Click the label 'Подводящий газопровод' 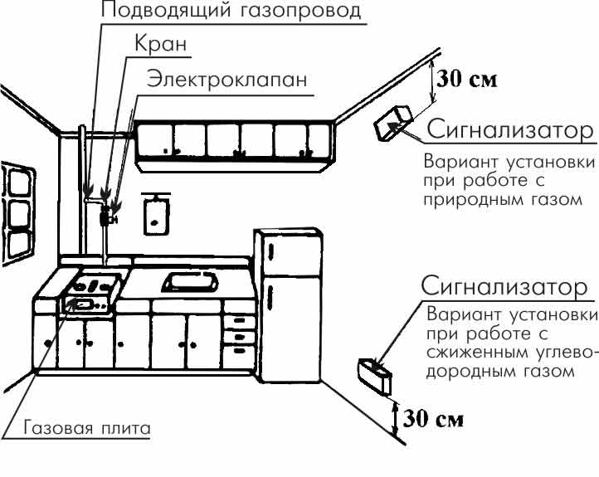pos(231,10)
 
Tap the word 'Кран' pos(160,43)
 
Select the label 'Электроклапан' pos(227,80)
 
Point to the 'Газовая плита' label pos(87,428)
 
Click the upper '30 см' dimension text pos(467,79)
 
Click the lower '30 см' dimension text pos(433,419)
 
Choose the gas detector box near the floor pos(375,376)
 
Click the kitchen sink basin pos(190,282)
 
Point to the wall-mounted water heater pos(156,214)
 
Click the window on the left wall pos(17,214)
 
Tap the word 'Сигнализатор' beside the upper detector pos(510,130)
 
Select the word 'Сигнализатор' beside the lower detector pos(504,286)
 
